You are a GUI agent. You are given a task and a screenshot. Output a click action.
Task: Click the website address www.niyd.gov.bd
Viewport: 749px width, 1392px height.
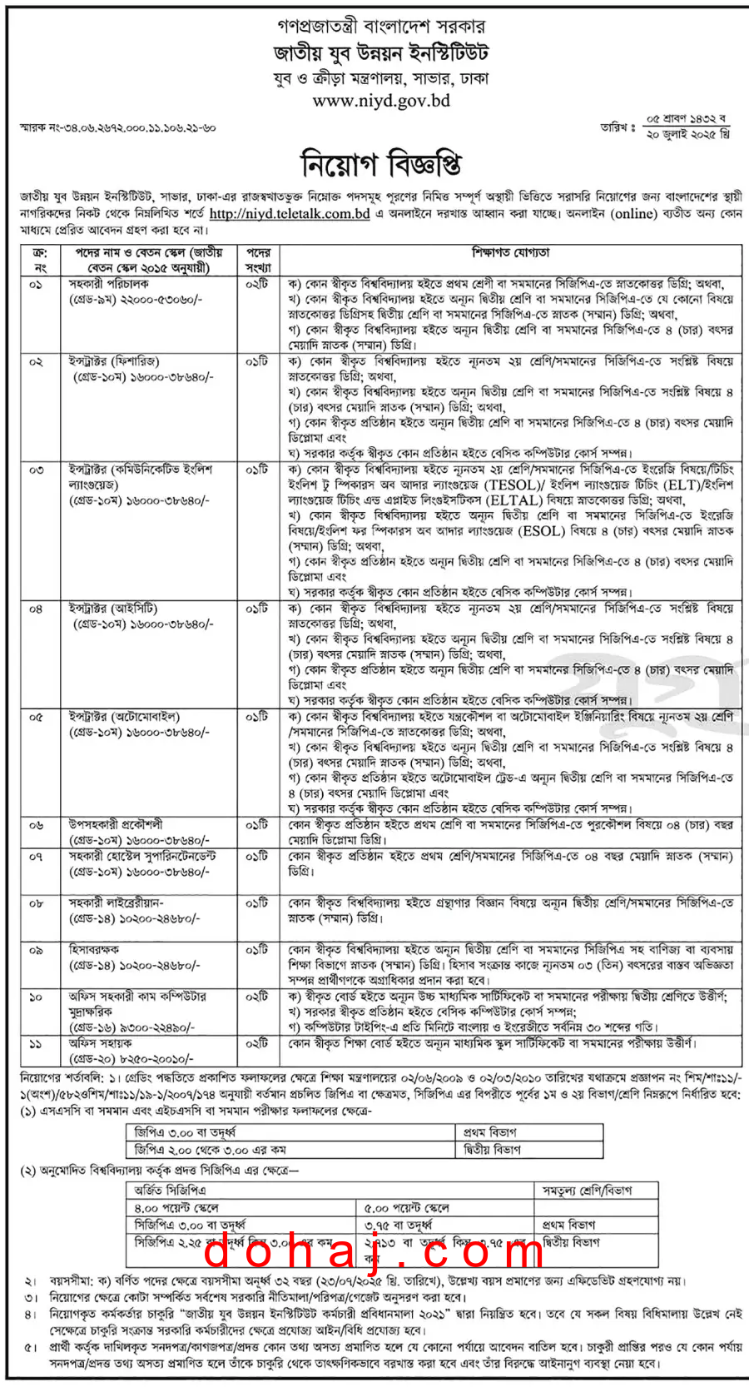click(x=381, y=102)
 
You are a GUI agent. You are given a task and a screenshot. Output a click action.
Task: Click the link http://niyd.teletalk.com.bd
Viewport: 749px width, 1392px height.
click(x=290, y=214)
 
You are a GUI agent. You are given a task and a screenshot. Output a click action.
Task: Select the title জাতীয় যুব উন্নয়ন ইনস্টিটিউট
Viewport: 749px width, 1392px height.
click(x=381, y=54)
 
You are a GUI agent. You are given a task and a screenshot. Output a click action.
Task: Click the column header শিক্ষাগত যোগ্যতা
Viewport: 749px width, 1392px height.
click(x=511, y=252)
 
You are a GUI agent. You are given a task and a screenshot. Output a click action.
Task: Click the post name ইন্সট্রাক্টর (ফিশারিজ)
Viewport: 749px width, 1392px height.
click(x=114, y=361)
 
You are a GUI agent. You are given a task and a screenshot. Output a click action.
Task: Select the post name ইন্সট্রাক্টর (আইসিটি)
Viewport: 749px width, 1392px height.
click(x=113, y=609)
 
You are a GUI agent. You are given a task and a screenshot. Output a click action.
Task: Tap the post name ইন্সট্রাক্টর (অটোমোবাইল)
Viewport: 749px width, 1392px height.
click(x=124, y=717)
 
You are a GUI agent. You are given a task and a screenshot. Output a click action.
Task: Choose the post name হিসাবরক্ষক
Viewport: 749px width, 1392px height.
click(x=94, y=949)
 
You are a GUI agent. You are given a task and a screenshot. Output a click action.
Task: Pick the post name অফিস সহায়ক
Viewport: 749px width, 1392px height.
click(x=100, y=1043)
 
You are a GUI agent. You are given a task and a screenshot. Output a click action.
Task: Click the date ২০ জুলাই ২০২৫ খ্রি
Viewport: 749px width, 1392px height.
click(x=688, y=134)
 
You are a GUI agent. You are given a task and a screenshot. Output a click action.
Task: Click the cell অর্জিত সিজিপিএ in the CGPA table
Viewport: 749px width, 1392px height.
click(x=170, y=1191)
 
